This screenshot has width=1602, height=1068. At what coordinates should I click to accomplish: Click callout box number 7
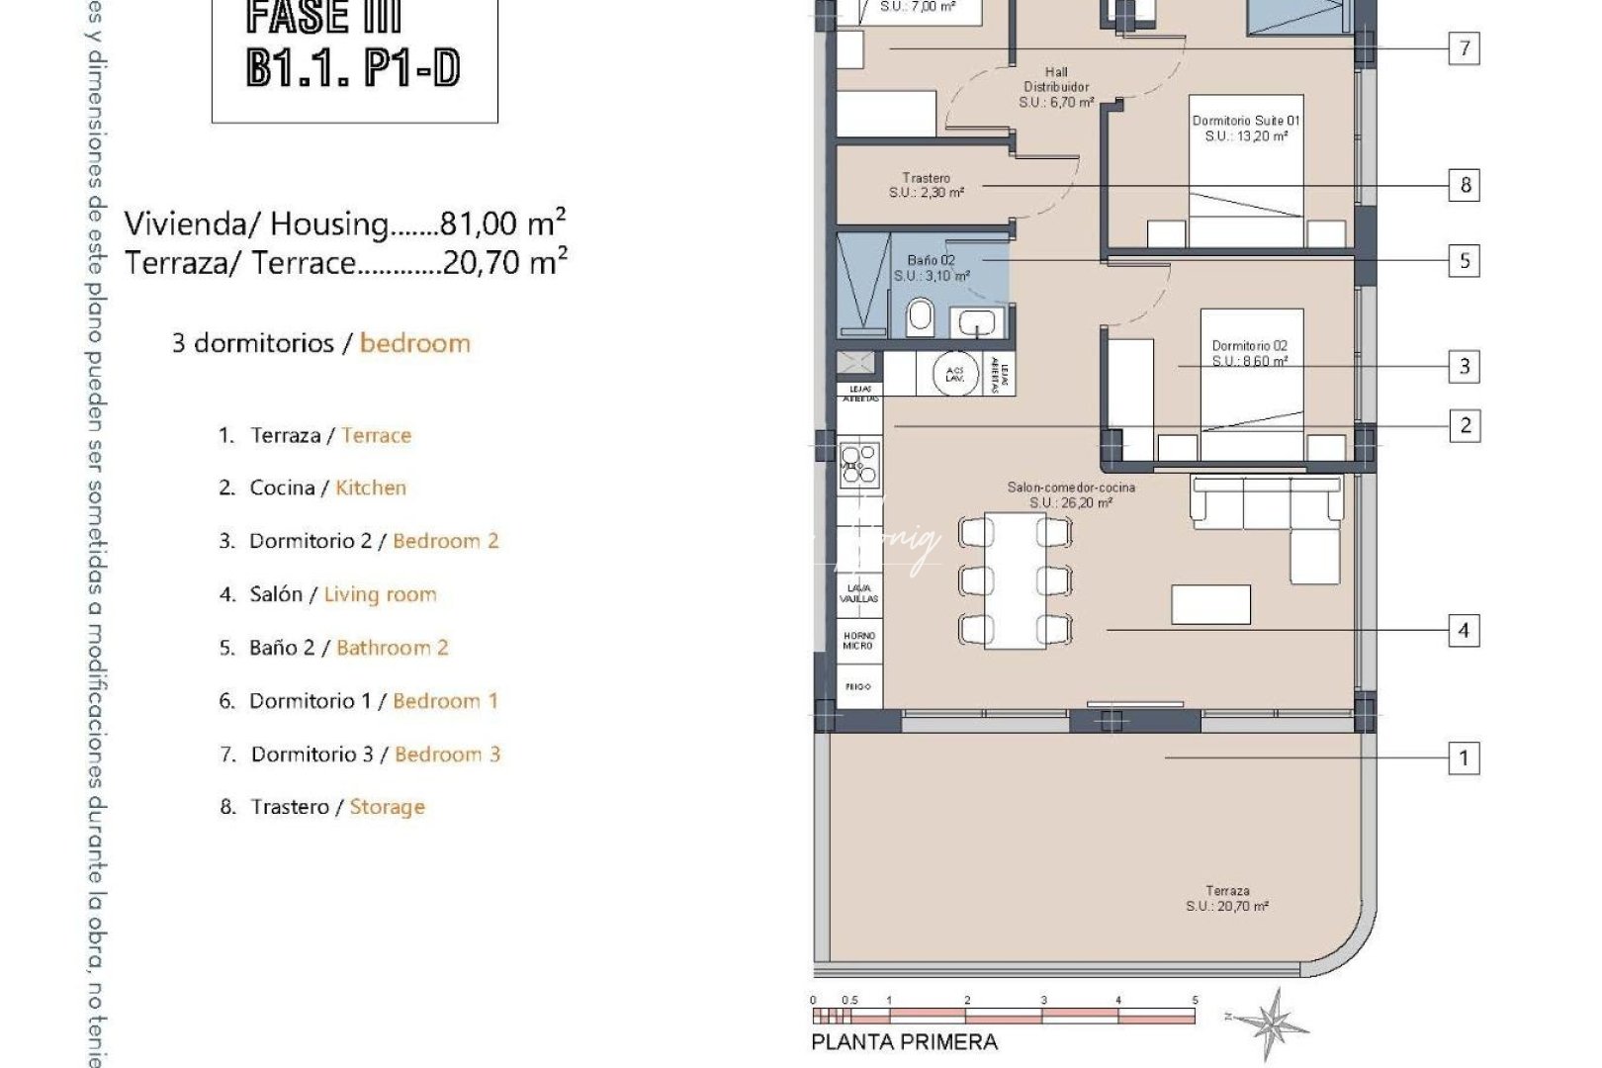[1465, 47]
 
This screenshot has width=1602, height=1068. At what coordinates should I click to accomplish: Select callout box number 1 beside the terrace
[1465, 758]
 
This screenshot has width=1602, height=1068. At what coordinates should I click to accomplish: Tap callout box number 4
[1465, 630]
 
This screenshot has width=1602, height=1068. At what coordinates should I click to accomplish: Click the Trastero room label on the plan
[926, 185]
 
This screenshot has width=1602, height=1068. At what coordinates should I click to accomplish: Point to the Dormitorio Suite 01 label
[1246, 128]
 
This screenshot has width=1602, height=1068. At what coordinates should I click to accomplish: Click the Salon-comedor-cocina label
[1071, 494]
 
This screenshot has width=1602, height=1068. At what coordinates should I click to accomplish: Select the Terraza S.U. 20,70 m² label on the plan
[1227, 898]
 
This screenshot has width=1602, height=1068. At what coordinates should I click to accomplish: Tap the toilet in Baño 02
[920, 316]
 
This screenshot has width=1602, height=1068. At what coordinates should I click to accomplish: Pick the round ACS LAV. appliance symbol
[955, 374]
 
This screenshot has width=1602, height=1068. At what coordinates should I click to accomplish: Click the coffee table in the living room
[1210, 604]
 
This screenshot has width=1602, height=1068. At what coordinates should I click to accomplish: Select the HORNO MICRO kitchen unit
[858, 640]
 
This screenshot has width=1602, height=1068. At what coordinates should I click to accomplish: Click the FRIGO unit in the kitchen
[858, 686]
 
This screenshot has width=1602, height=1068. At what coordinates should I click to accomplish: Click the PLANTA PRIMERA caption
[904, 1041]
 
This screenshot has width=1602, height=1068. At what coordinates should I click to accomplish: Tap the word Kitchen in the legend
[371, 488]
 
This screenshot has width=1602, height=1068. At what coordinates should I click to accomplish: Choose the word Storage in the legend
[387, 807]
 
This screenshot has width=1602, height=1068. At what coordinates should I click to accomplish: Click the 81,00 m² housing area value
[502, 222]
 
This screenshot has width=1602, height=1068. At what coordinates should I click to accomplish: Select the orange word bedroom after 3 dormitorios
[414, 343]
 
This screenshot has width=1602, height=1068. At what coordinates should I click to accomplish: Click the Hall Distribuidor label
[1056, 87]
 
